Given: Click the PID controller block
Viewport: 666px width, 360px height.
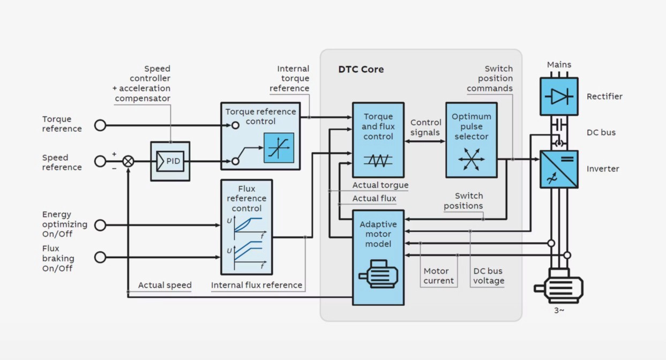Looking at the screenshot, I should pyautogui.click(x=170, y=161).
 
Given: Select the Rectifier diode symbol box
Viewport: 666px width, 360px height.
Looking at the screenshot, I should pyautogui.click(x=559, y=96).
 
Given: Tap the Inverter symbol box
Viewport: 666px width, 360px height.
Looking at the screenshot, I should pyautogui.click(x=559, y=169).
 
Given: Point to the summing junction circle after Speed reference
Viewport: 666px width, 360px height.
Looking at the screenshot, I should pyautogui.click(x=128, y=161).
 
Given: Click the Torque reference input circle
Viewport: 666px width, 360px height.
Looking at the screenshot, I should pyautogui.click(x=100, y=125).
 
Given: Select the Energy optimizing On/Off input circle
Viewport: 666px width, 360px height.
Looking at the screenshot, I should pyautogui.click(x=100, y=225).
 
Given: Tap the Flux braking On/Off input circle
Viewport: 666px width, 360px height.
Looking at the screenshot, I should pyautogui.click(x=100, y=257).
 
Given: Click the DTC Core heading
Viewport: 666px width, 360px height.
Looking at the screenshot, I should pyautogui.click(x=361, y=69).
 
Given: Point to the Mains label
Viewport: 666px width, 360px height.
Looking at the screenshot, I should pyautogui.click(x=559, y=65).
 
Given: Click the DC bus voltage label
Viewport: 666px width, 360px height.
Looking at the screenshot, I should pyautogui.click(x=488, y=276).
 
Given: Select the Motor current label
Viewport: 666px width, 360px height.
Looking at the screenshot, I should pyautogui.click(x=438, y=276).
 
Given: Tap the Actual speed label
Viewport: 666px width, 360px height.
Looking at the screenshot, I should pyautogui.click(x=164, y=285).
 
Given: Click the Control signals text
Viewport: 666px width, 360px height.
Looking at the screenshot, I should pyautogui.click(x=425, y=127).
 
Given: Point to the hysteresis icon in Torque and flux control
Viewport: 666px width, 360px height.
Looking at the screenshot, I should pyautogui.click(x=378, y=160).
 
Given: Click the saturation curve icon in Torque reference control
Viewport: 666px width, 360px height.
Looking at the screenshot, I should pyautogui.click(x=279, y=147).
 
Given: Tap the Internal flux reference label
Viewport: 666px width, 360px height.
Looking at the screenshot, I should pyautogui.click(x=257, y=285).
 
